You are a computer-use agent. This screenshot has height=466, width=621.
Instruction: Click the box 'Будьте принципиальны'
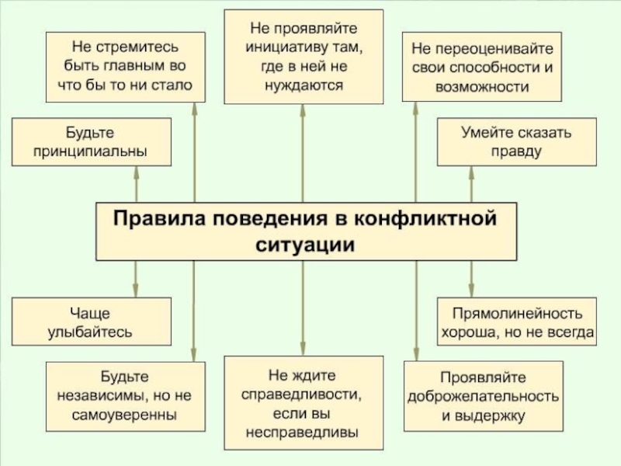(x=91, y=141)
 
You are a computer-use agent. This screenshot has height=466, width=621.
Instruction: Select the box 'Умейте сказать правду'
(x=515, y=141)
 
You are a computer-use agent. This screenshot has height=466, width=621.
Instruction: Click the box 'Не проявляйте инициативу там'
(x=303, y=56)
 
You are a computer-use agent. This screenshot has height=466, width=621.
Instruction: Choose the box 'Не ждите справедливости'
(x=303, y=402)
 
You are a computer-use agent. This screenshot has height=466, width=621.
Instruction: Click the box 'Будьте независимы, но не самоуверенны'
(x=124, y=396)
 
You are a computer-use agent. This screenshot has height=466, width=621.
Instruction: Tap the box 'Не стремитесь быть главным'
(x=125, y=67)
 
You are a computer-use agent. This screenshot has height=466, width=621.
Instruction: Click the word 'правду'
(x=515, y=151)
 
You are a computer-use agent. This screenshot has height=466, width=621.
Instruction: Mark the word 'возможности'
(x=482, y=87)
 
